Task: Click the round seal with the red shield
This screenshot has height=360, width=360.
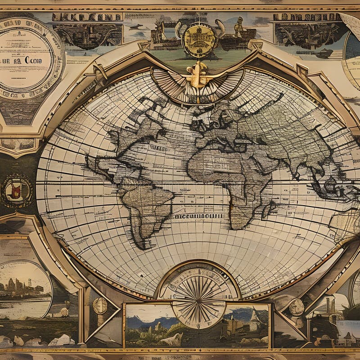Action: (17, 191)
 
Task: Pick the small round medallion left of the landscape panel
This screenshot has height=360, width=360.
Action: (100, 306)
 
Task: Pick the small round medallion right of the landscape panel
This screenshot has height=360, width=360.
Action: (296, 307)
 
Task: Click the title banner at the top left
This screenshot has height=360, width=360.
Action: (86, 17)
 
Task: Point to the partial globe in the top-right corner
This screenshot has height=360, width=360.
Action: (352, 54)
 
